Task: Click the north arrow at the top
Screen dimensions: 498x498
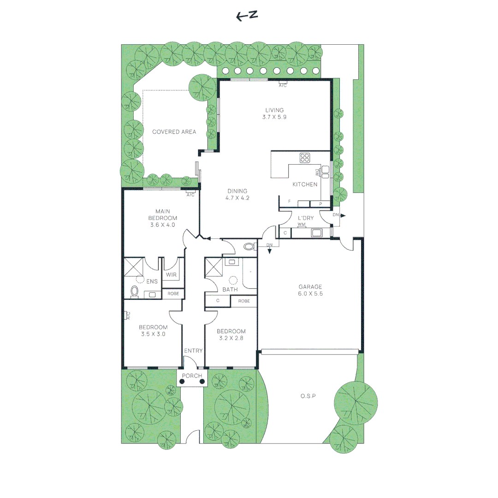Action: click(247, 16)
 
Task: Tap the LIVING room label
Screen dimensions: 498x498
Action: click(274, 110)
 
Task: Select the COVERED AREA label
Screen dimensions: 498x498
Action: click(174, 132)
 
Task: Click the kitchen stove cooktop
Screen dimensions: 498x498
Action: click(305, 158)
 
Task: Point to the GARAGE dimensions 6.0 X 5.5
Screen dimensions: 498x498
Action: click(310, 293)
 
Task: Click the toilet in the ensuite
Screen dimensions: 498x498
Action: click(135, 291)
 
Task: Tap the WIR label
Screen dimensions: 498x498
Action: click(172, 275)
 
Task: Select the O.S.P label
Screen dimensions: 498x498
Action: click(308, 396)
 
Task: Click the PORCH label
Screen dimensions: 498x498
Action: click(192, 376)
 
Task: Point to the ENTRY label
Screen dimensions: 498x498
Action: click(193, 351)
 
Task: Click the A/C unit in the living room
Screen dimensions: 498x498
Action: click(283, 85)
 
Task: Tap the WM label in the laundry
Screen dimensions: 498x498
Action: click(302, 225)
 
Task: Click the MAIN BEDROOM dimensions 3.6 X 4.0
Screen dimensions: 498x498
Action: click(163, 225)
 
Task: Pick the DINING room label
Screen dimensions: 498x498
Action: click(237, 191)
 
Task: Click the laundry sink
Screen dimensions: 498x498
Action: click(317, 233)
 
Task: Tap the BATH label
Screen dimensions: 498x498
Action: click(230, 290)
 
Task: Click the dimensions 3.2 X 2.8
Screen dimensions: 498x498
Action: click(231, 338)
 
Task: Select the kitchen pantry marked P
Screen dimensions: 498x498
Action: click(320, 203)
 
